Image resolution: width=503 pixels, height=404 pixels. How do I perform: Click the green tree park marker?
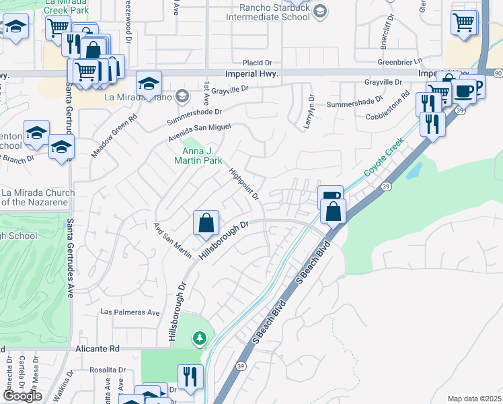pos(198,337)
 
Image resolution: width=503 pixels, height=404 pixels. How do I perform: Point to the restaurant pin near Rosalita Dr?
pos(190,378)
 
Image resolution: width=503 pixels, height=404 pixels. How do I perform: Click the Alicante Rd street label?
pos(98,349)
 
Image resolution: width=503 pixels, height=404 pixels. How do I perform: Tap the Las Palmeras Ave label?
pos(130,312)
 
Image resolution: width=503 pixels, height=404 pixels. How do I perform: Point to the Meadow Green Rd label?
pos(114,135)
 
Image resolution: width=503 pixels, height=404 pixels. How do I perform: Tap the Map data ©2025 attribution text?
pos(473,399)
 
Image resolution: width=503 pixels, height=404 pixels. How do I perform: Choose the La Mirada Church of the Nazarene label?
pos(38,197)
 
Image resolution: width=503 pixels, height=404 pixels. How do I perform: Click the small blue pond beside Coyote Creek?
pos(413,169)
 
